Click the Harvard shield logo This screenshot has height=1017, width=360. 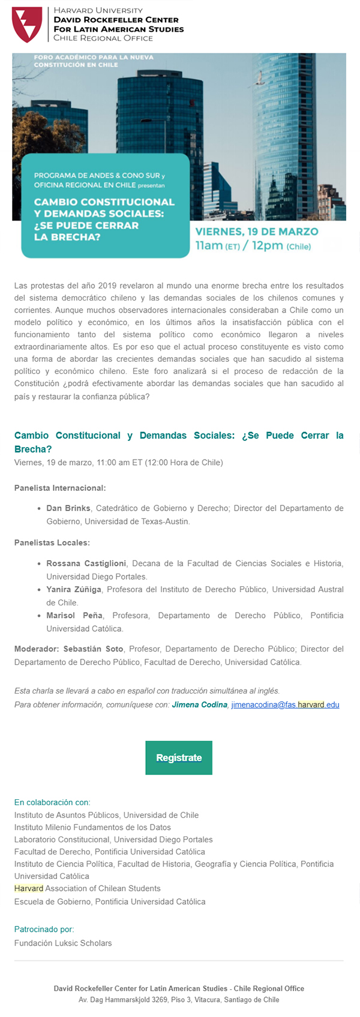point(27,25)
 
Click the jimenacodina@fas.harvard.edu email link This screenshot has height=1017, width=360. point(285,704)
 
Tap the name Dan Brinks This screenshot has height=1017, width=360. point(68,508)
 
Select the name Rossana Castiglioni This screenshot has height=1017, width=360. point(86,563)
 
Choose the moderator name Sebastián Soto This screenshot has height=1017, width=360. point(94,649)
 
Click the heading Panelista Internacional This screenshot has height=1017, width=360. point(60,488)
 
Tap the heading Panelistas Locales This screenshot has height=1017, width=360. point(52,543)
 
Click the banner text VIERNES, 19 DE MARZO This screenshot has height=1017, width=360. point(257,232)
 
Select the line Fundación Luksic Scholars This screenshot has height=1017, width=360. point(63,943)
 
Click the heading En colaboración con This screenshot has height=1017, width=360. point(52,802)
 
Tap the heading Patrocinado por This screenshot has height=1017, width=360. point(44,929)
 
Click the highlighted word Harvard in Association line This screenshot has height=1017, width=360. point(29,888)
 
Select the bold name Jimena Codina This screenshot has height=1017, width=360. point(199,704)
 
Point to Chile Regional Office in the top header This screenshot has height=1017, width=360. point(103,38)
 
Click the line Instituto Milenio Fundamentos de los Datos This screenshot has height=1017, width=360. point(92,827)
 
